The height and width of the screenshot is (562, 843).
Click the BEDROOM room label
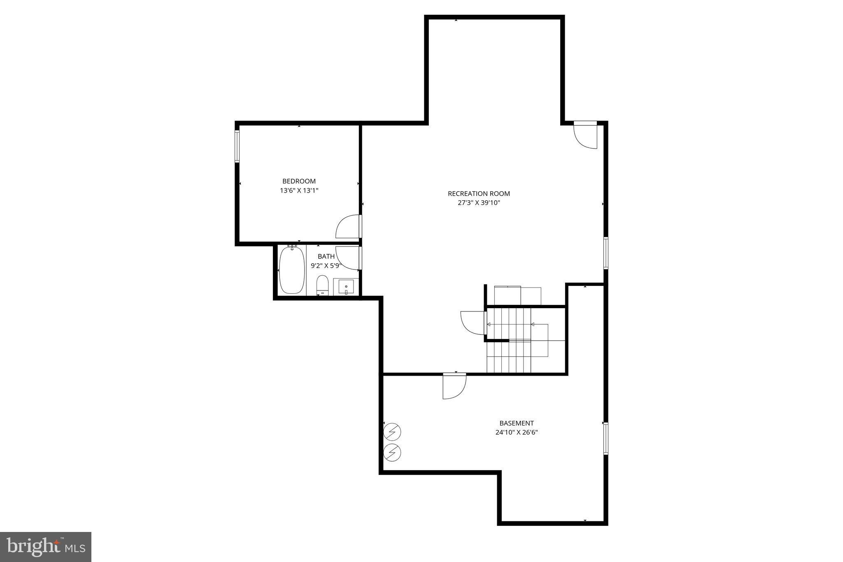[x=299, y=181]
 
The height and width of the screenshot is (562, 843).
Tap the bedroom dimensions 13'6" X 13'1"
[x=299, y=190]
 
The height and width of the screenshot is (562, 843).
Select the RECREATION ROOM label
[x=479, y=193]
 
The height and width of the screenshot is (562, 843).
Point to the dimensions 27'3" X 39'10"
[x=479, y=203]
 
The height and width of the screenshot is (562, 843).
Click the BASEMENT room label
[x=516, y=423]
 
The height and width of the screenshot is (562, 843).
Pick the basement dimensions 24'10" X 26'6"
[x=516, y=432]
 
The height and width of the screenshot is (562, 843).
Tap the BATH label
[x=326, y=256]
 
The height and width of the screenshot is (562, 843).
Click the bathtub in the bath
[x=292, y=270]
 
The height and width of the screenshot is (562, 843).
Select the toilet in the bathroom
[x=322, y=285]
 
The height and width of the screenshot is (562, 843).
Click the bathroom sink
[x=346, y=286]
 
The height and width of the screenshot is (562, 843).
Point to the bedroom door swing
[x=348, y=227]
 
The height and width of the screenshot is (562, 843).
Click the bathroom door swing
[x=348, y=258]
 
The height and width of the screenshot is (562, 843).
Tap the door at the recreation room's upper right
[x=585, y=136]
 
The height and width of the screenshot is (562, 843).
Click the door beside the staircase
[x=473, y=323]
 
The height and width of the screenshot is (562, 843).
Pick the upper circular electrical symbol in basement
[x=392, y=432]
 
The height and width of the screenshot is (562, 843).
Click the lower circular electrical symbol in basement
[x=392, y=453]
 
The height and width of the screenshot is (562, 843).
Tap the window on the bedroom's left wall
[x=237, y=146]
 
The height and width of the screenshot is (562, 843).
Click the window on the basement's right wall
[x=605, y=438]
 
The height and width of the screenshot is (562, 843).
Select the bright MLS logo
[x=46, y=547]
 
